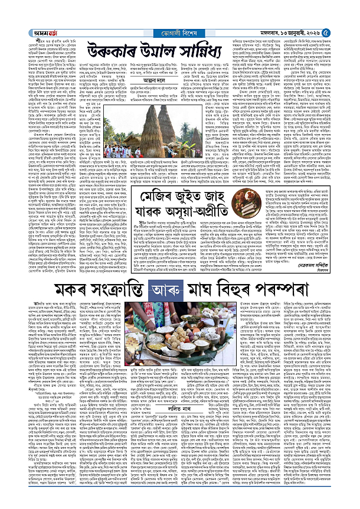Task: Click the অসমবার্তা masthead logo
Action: point(27,7)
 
